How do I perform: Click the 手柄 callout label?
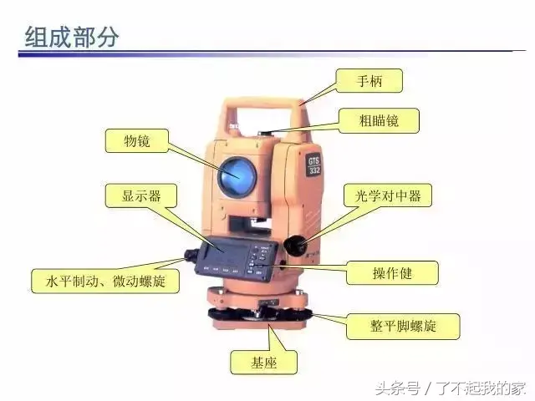click(x=369, y=81)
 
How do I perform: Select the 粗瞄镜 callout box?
click(x=379, y=120)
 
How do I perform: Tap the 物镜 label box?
click(x=137, y=140)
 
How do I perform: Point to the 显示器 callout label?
click(x=141, y=195)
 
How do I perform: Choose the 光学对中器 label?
click(x=388, y=195)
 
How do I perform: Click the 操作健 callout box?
click(x=392, y=273)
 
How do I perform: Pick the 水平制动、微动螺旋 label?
click(x=105, y=282)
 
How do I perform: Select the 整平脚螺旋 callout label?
click(x=403, y=327)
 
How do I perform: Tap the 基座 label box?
click(x=263, y=363)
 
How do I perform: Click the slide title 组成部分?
click(x=72, y=37)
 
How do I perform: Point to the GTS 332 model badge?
click(x=314, y=166)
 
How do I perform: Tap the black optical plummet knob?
click(x=293, y=245)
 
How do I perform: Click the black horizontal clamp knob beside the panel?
click(x=191, y=255)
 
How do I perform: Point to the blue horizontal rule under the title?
click(x=272, y=53)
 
